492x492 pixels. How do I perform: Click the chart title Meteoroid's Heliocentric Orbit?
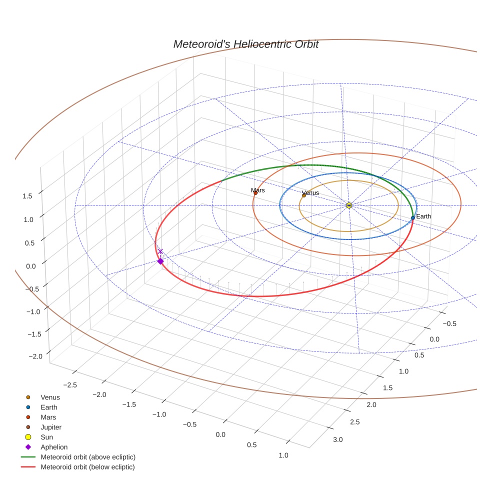click(245, 44)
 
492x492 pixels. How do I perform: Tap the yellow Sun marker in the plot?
click(349, 205)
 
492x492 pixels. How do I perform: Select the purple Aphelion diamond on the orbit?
click(160, 261)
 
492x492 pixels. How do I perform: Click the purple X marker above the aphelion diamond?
click(160, 251)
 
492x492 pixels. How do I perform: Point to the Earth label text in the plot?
click(423, 216)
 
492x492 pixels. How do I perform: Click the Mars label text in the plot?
click(258, 190)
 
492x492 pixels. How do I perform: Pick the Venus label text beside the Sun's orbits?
click(310, 193)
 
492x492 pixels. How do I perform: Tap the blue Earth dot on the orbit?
click(412, 217)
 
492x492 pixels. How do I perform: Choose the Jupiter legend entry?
click(51, 427)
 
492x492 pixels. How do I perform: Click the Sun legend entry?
click(47, 437)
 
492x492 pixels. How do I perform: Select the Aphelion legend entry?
click(54, 447)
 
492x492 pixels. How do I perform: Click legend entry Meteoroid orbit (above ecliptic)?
click(88, 457)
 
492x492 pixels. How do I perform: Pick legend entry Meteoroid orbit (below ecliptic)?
click(87, 467)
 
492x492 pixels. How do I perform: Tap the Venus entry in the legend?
click(50, 397)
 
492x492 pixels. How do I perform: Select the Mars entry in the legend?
click(48, 417)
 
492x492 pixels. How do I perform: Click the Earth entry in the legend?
click(49, 407)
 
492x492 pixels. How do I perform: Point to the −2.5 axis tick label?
click(70, 384)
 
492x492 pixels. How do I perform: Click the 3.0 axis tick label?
click(338, 439)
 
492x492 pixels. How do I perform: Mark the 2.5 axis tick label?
click(354, 422)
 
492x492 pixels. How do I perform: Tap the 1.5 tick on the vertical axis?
click(27, 196)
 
